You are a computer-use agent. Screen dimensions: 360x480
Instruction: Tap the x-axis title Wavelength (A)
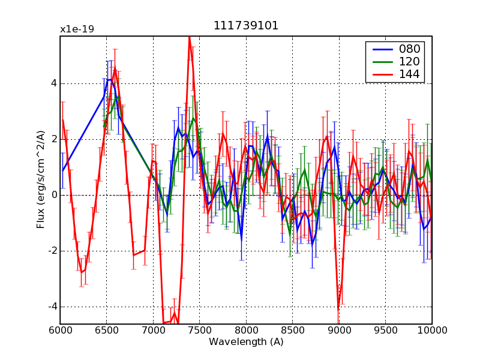click(246, 342)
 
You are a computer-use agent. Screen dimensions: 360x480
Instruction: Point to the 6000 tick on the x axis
click(60, 330)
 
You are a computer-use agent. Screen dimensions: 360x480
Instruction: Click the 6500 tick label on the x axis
click(106, 330)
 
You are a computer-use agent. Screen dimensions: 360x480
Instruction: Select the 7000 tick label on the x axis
click(153, 330)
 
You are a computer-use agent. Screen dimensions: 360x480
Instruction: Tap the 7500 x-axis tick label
click(199, 330)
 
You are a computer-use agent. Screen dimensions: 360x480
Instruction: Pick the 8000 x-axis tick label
click(246, 330)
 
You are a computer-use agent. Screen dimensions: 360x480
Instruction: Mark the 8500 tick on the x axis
click(292, 330)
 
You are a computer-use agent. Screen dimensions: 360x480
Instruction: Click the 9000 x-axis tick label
click(339, 330)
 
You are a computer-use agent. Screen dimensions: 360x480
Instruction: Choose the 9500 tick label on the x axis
click(385, 330)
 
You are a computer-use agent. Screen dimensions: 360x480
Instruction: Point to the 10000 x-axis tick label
click(432, 330)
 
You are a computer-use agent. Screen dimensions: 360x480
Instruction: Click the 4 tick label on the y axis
click(53, 83)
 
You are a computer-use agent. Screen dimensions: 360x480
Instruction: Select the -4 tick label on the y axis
click(52, 307)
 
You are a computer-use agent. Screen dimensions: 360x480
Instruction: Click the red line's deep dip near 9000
click(338, 308)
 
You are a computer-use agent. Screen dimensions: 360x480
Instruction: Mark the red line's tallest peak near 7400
click(190, 37)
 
